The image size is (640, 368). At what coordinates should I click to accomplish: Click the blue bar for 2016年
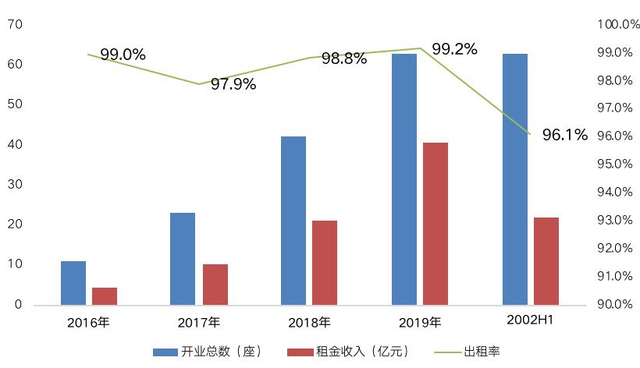[73, 283]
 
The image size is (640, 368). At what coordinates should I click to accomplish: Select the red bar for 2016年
[105, 296]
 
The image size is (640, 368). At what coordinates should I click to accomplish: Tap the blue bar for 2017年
[183, 259]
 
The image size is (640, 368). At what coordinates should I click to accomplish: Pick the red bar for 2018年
[325, 263]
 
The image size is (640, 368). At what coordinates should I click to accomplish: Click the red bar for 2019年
[436, 224]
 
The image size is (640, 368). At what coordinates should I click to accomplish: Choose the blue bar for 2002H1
[515, 179]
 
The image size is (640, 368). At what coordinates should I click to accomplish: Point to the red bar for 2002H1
[546, 261]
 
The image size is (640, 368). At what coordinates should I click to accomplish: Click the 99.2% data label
[454, 49]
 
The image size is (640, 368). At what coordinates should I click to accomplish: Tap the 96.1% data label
[565, 135]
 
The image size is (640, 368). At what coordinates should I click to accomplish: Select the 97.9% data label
[233, 84]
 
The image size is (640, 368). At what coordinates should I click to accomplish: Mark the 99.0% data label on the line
[123, 55]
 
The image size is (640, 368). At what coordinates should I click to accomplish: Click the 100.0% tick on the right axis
[618, 25]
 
